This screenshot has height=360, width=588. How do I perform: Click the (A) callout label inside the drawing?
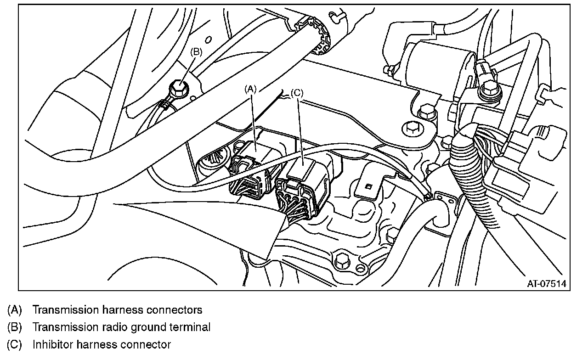pos(250,89)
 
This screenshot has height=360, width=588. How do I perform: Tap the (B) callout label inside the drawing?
pos(196,52)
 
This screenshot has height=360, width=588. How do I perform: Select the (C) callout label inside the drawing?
pos(297,93)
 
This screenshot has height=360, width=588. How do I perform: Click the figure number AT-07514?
pos(546,283)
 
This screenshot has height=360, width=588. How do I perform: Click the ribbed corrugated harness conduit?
pos(478,193)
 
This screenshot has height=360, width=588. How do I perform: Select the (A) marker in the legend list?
pos(15,310)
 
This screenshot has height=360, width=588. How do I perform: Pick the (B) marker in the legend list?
pos(15,327)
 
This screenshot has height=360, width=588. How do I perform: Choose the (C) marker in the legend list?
pos(15,344)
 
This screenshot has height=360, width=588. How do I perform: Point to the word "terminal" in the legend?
pos(188,327)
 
